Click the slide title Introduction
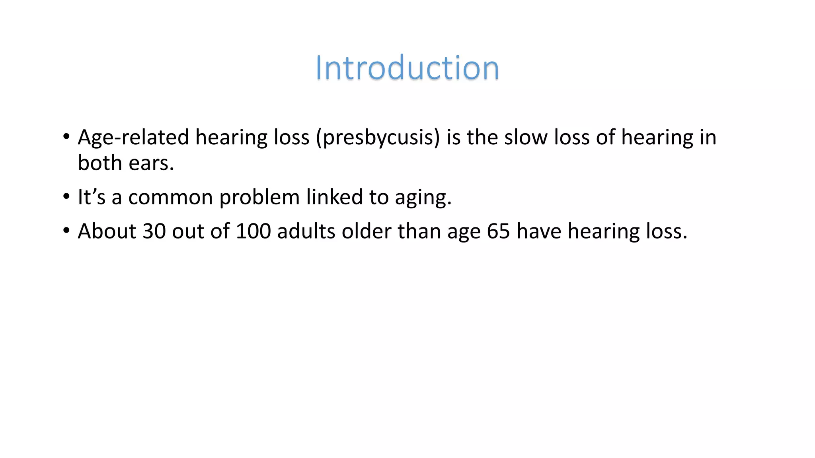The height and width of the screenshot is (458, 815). pyautogui.click(x=407, y=68)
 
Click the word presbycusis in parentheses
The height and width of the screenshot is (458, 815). pyautogui.click(x=378, y=138)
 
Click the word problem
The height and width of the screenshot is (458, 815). pyautogui.click(x=259, y=198)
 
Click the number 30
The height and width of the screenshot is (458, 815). pyautogui.click(x=154, y=231)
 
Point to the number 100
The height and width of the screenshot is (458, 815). pyautogui.click(x=253, y=231)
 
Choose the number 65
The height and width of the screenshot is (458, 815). pyautogui.click(x=498, y=231)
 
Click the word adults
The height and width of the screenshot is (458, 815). pyautogui.click(x=306, y=231)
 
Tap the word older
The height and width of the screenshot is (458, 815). pyautogui.click(x=366, y=231)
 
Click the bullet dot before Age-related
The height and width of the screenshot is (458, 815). pyautogui.click(x=66, y=137)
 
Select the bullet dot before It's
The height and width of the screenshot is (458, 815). pyautogui.click(x=66, y=197)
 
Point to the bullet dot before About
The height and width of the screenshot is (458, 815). pyautogui.click(x=66, y=231)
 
